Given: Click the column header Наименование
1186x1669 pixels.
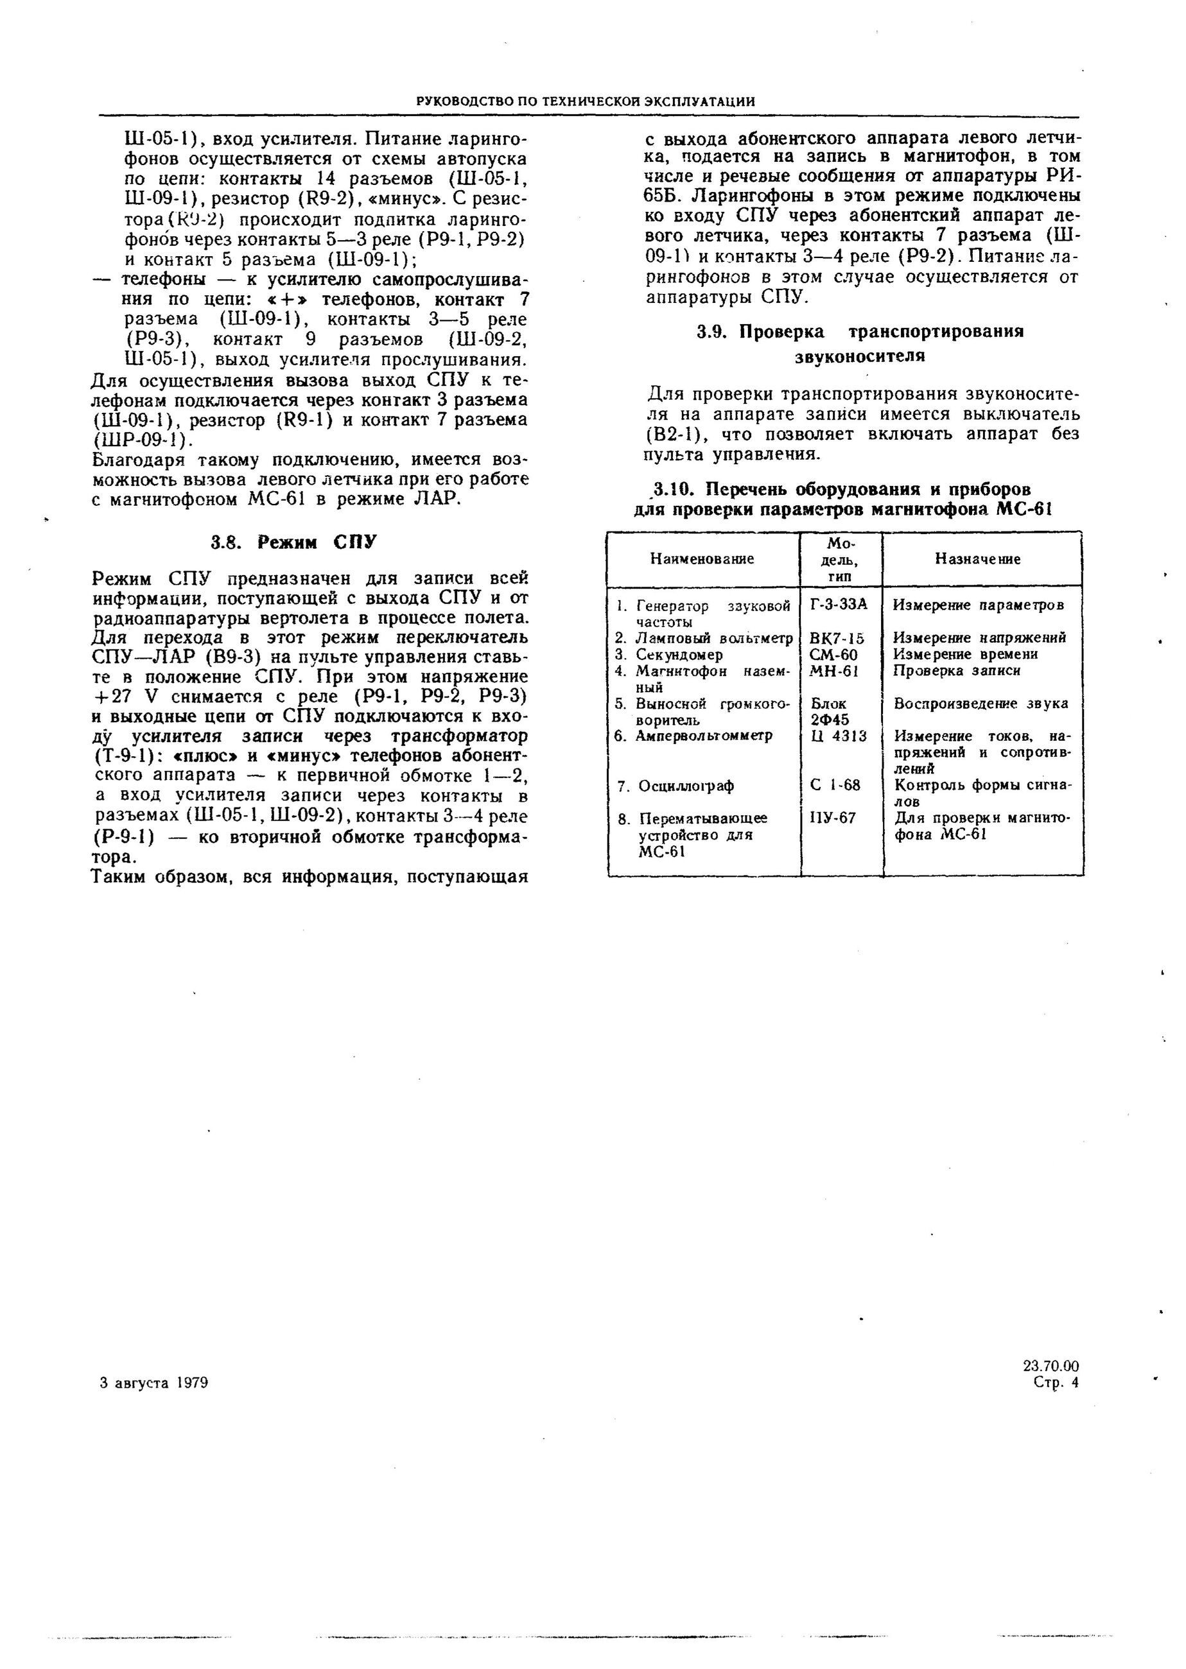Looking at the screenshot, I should pos(702,558).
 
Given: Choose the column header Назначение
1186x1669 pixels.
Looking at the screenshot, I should pos(978,558).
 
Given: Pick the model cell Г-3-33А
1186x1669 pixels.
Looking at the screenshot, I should pos(839,605).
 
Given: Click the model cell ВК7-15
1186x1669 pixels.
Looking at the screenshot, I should pos(837,638).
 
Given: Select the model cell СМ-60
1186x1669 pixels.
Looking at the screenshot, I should pos(834,654).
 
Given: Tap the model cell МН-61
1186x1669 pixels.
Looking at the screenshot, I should pos(835,670).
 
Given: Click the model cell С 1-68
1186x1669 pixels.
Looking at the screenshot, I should pos(835,786).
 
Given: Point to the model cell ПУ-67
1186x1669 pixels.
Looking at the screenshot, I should pos(833,818).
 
